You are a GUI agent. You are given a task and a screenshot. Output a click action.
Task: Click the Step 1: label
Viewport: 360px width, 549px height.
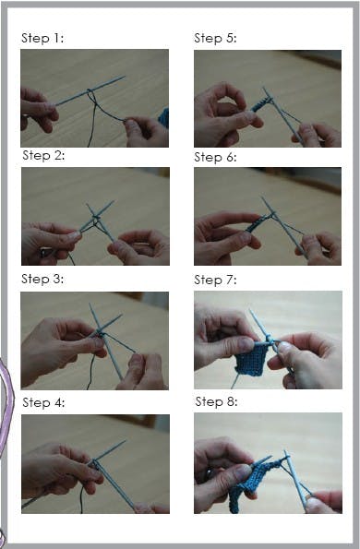(42, 39)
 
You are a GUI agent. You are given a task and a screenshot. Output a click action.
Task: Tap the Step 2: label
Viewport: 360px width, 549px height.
(43, 155)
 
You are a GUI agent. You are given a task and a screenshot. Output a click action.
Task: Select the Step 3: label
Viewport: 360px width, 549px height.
(43, 279)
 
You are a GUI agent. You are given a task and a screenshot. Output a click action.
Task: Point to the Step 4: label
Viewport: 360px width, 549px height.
(43, 402)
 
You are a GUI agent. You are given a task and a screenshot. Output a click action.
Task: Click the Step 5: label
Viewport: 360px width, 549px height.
(215, 39)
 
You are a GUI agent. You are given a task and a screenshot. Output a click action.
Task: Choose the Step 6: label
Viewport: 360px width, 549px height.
(215, 157)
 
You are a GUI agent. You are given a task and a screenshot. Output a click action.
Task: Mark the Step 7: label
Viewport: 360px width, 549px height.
(215, 279)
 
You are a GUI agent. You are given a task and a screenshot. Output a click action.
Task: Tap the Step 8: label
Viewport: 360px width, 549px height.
(216, 402)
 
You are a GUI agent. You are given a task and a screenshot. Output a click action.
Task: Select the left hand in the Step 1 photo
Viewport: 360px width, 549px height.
(38, 108)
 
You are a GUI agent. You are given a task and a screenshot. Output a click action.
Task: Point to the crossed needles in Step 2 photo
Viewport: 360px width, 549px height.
(96, 219)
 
